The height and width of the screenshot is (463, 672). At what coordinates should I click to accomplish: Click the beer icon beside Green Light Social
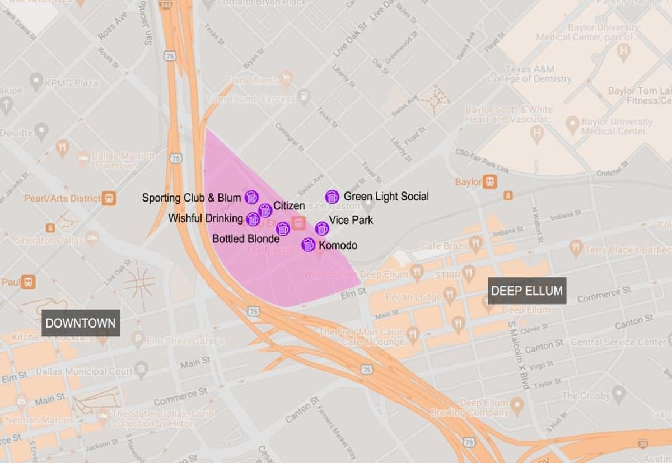[x=332, y=197]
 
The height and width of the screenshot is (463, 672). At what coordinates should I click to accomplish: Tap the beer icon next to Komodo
[x=308, y=245]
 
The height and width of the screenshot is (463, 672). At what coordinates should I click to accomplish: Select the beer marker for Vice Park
[x=321, y=228]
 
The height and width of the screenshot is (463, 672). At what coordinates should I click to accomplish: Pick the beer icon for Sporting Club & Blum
[x=251, y=197]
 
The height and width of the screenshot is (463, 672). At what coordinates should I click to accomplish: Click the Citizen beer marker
[x=265, y=211]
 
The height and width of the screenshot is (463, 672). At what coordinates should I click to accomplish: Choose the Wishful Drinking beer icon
[x=253, y=219]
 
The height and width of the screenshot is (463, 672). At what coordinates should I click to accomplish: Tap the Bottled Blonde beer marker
[x=283, y=228]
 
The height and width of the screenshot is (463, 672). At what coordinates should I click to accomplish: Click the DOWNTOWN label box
[x=81, y=323]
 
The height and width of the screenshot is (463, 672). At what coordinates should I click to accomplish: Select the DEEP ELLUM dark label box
[x=526, y=291]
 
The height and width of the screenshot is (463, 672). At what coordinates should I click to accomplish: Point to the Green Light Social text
[x=386, y=197]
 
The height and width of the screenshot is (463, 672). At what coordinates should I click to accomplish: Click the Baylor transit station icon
[x=490, y=182]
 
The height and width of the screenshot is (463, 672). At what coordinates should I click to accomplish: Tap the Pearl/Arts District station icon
[x=109, y=198]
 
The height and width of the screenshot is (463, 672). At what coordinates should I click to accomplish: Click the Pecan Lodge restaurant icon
[x=450, y=296]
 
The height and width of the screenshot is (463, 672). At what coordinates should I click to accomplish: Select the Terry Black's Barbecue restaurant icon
[x=576, y=246]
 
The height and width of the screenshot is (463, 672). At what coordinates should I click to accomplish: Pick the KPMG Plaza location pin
[x=36, y=83]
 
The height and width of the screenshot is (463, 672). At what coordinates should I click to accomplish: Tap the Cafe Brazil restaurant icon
[x=475, y=244]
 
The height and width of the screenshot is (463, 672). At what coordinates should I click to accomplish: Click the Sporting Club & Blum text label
[x=192, y=198]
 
